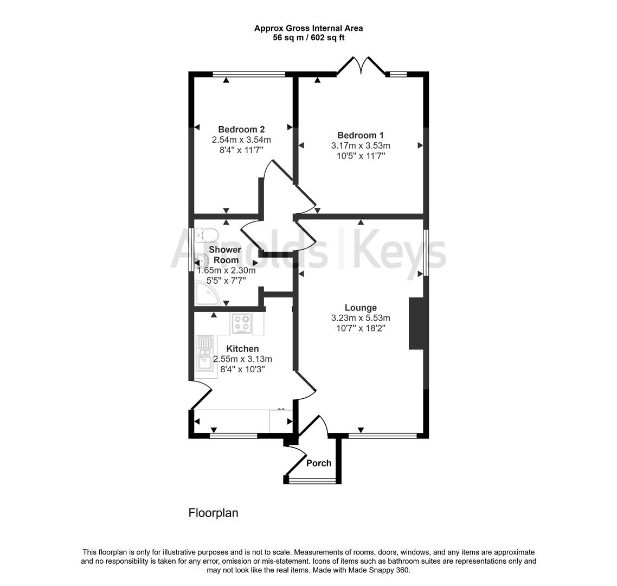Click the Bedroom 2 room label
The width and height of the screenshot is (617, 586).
241,130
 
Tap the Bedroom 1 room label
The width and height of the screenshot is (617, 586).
361,135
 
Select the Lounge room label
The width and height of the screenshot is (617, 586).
361,308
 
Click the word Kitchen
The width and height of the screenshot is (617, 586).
242,349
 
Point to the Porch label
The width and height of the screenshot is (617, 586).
319,463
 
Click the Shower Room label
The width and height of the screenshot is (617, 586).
225,255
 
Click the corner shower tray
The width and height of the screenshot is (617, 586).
207,294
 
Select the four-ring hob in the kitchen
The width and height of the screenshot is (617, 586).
242,324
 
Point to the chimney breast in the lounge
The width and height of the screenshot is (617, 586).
415,323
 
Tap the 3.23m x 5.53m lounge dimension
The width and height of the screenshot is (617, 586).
361,319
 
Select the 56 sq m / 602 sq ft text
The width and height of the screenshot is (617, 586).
308,38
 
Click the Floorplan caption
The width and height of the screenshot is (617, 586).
213,513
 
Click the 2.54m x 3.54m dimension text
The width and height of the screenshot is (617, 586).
241,140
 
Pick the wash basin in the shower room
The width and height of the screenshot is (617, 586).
200,261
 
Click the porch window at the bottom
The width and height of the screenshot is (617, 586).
312,480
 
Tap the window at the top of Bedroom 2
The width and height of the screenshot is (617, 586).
249,74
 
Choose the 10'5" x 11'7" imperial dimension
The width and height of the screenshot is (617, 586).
361,156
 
